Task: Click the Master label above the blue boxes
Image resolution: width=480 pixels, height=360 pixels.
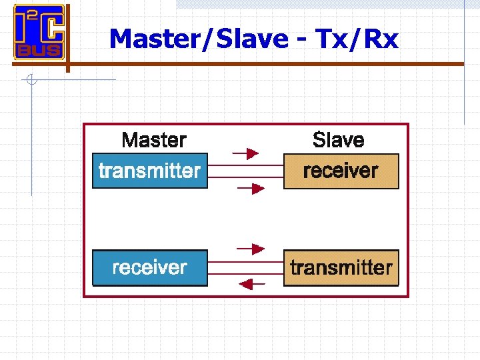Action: tap(154, 140)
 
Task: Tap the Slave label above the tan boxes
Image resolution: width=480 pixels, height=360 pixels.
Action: tap(339, 140)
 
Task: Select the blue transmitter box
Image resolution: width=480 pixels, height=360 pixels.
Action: tap(149, 171)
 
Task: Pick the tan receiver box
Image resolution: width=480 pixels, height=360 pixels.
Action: tap(341, 171)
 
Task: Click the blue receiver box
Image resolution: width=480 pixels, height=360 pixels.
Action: tap(149, 268)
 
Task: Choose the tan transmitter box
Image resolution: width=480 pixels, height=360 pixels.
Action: tap(341, 268)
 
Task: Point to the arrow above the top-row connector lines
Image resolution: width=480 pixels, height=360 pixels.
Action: tap(248, 154)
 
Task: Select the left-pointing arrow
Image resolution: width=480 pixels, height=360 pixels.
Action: tap(251, 285)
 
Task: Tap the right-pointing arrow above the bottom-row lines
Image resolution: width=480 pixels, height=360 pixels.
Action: tap(250, 250)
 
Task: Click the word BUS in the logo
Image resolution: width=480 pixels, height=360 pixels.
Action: tap(39, 49)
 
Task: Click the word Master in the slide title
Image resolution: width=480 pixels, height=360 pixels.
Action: tap(152, 39)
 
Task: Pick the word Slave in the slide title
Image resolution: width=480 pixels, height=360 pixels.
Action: tap(248, 39)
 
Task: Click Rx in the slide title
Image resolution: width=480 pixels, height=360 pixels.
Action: tap(381, 39)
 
